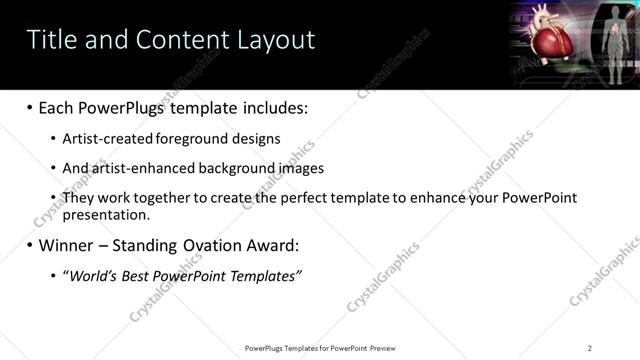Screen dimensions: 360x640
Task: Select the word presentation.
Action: click(x=105, y=214)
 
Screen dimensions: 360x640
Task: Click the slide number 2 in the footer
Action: click(x=590, y=347)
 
